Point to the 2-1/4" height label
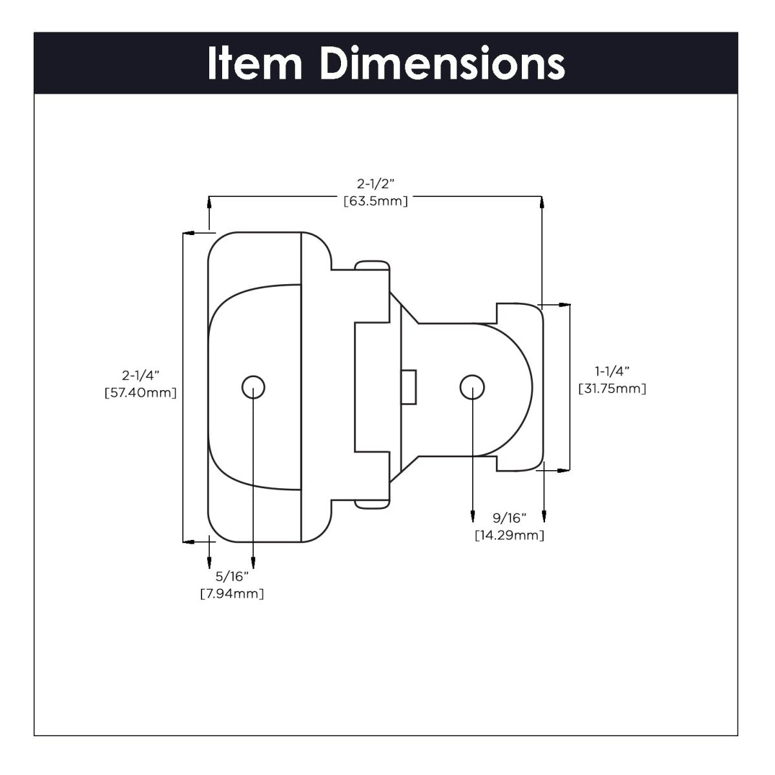coord(140,375)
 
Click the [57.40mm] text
coord(140,392)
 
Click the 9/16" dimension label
coord(510,517)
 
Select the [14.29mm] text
coord(510,535)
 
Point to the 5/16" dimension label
coord(232,575)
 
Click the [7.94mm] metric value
coord(232,593)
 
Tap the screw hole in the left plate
coord(253,387)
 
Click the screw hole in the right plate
coord(472,386)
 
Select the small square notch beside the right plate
coord(408,387)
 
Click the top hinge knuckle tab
coord(373,265)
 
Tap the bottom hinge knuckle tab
coord(373,504)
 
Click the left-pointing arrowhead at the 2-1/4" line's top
coord(188,232)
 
